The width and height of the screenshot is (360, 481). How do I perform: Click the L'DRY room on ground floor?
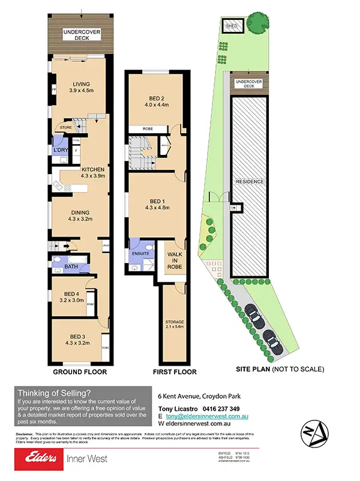tap(59, 150)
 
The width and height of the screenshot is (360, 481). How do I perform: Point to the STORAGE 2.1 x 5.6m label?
tap(175, 325)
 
